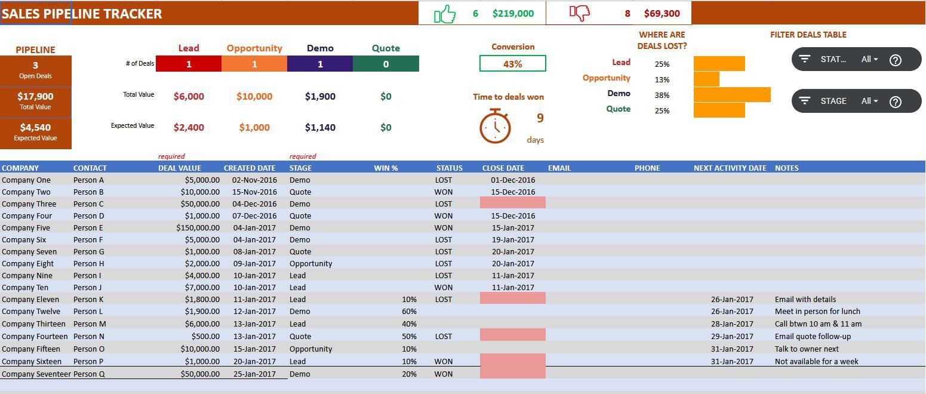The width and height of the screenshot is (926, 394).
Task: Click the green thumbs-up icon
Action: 445,14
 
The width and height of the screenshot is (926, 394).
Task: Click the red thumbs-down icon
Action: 579,13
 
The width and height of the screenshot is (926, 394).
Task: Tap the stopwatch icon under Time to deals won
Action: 495,125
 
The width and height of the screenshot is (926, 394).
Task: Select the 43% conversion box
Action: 512,64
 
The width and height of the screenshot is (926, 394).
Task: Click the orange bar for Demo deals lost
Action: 732,94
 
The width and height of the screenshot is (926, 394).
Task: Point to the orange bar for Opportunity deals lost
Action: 706,79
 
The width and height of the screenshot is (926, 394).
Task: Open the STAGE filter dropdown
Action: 869,101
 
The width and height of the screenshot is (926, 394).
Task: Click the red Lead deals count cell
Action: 189,64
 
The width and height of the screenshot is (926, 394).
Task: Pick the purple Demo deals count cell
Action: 320,64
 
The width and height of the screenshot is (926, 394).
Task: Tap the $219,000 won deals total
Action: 513,13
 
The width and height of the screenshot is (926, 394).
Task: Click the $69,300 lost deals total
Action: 662,13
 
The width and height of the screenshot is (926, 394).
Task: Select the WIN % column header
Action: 386,168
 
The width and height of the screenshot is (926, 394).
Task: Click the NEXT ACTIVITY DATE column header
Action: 730,168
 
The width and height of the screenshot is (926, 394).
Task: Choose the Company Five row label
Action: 26,227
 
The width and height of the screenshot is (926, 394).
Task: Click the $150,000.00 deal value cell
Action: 198,227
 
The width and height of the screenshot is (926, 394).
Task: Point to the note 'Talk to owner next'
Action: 807,349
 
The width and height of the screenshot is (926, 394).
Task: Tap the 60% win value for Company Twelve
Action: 409,311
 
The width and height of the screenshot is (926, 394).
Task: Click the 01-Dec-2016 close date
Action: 513,180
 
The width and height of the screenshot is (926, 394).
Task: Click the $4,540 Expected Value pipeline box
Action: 35,132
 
